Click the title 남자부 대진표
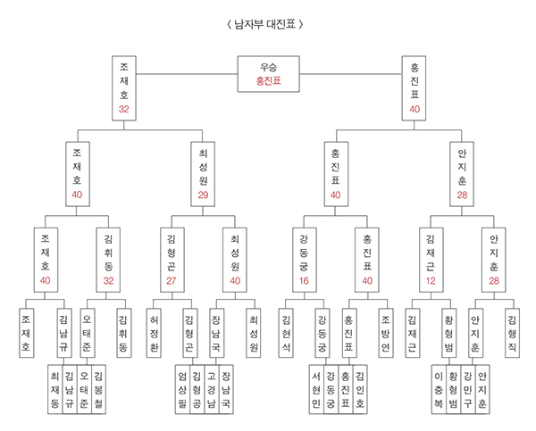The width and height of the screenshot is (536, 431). coord(267,23)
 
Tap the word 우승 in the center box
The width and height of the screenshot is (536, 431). coord(268,67)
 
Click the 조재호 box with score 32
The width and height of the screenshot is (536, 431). coord(124,87)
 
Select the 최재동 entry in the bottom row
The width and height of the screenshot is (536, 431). coord(56,388)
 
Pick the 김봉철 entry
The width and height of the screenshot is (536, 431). coord(99,388)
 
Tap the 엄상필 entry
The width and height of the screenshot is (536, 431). coord(182,388)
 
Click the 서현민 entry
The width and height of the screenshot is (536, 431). coord(315,388)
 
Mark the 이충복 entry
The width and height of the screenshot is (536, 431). coord(438,388)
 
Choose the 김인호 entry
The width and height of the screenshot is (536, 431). coord(358,388)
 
